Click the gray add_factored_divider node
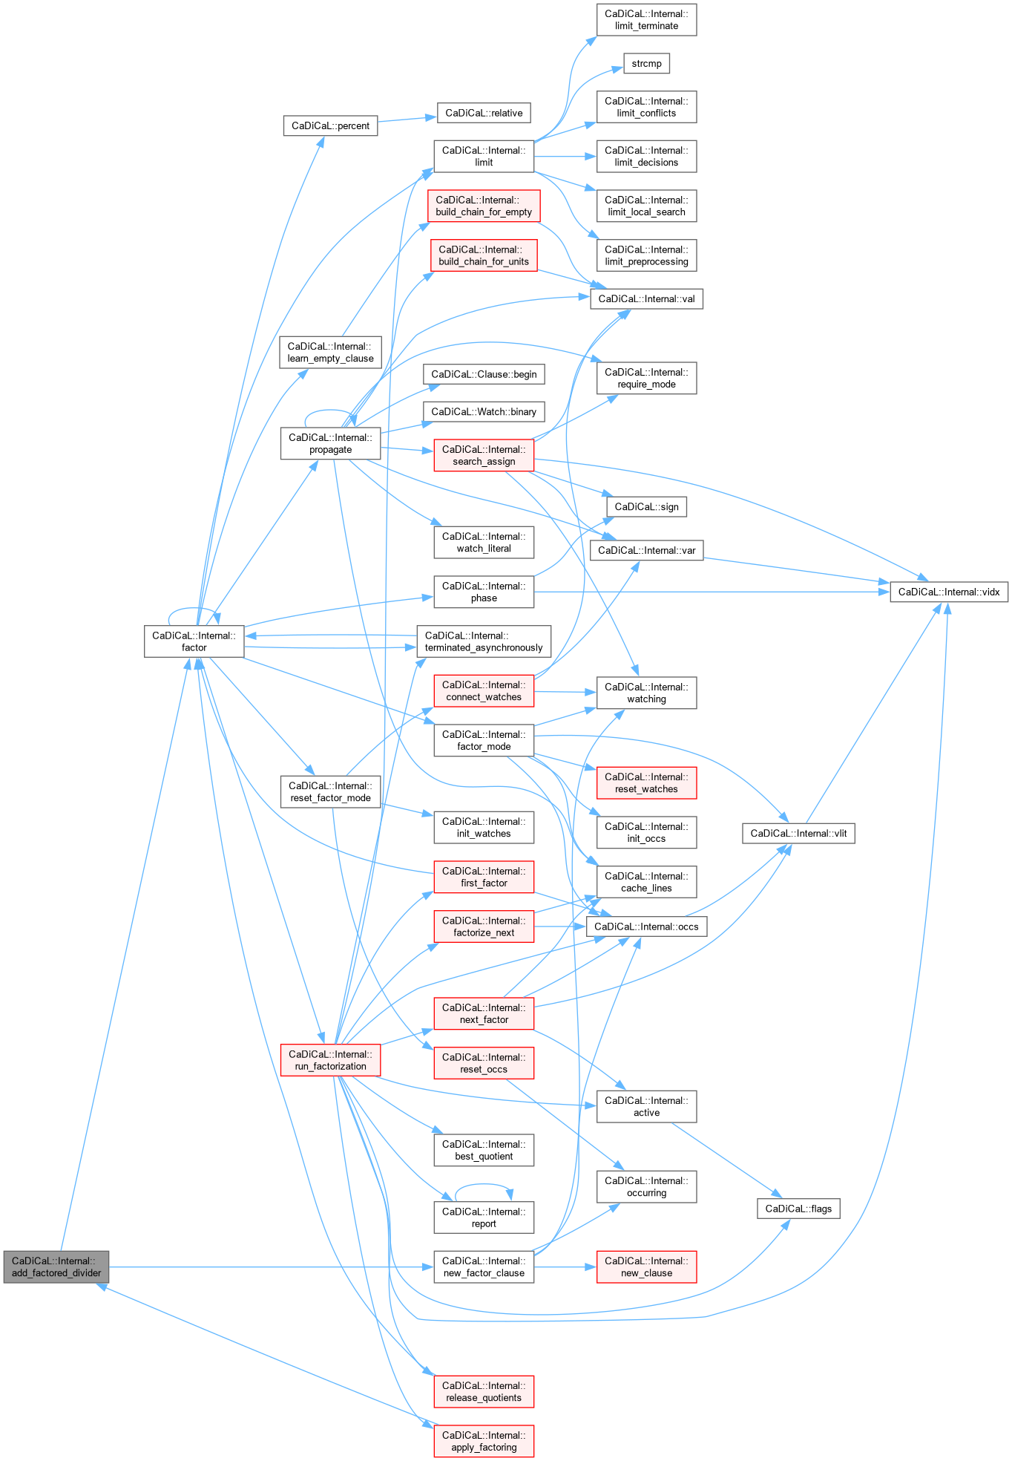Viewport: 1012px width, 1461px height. point(56,1266)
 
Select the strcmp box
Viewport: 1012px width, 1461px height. point(646,64)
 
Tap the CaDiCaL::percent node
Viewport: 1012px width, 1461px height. point(330,125)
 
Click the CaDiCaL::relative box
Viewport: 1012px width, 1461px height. point(484,113)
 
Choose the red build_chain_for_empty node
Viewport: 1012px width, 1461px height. point(484,206)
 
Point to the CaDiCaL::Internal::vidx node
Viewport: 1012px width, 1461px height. point(949,592)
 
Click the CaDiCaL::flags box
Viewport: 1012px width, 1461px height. point(798,1209)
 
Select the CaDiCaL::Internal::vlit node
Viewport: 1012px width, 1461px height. point(798,833)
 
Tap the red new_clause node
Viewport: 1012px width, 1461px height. point(646,1266)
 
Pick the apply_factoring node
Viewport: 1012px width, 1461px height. point(484,1441)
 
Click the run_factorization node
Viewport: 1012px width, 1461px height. point(330,1060)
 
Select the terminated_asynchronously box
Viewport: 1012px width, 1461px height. point(484,641)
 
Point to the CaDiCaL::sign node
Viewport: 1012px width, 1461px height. point(646,506)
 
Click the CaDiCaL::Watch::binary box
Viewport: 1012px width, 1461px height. point(484,411)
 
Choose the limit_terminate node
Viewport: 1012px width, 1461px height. point(646,19)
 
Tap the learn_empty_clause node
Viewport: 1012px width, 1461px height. point(330,352)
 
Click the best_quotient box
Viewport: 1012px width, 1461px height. point(484,1150)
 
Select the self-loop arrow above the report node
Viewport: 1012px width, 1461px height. point(483,1185)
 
